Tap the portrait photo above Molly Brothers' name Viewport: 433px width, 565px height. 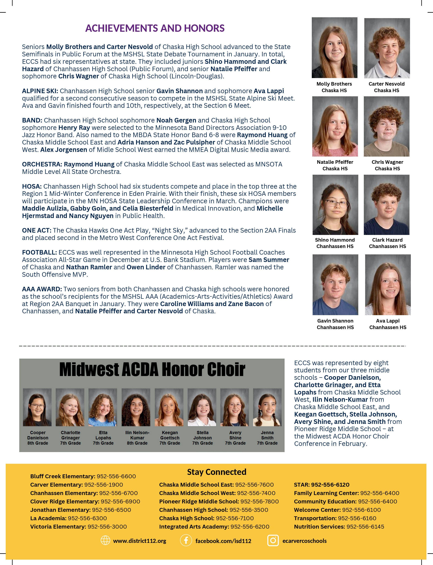point(334,48)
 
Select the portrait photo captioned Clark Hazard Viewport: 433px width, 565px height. point(386,205)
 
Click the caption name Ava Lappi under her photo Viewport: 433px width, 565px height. point(388,321)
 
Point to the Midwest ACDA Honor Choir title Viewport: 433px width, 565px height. point(152,370)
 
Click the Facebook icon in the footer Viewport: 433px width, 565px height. point(186,541)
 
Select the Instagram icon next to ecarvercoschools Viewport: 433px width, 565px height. point(273,541)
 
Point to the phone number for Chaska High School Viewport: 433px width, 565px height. point(235,518)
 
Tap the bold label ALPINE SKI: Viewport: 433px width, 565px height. point(40,91)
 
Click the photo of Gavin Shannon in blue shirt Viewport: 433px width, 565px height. point(335,285)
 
